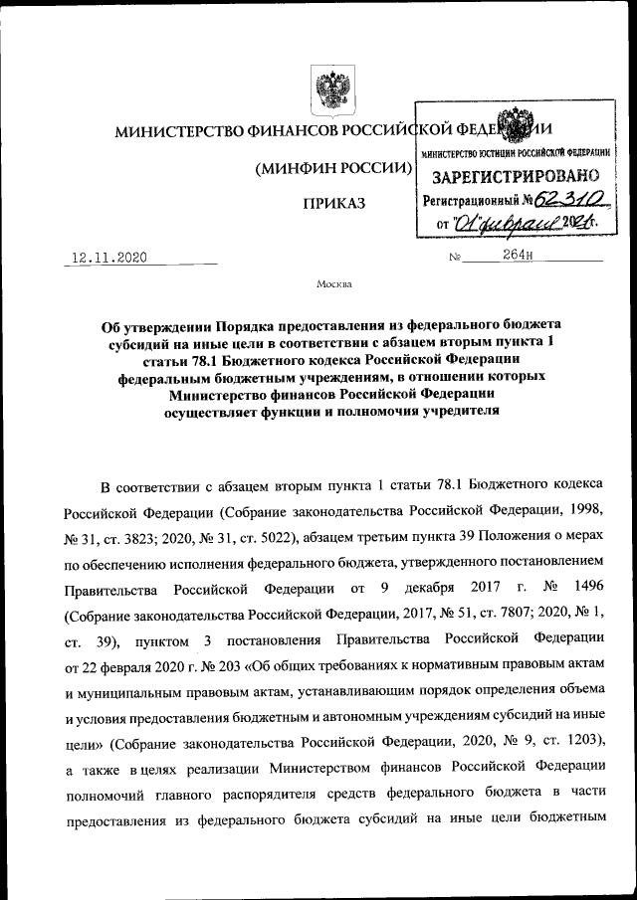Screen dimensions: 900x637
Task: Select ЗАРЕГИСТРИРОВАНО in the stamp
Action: click(x=514, y=176)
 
